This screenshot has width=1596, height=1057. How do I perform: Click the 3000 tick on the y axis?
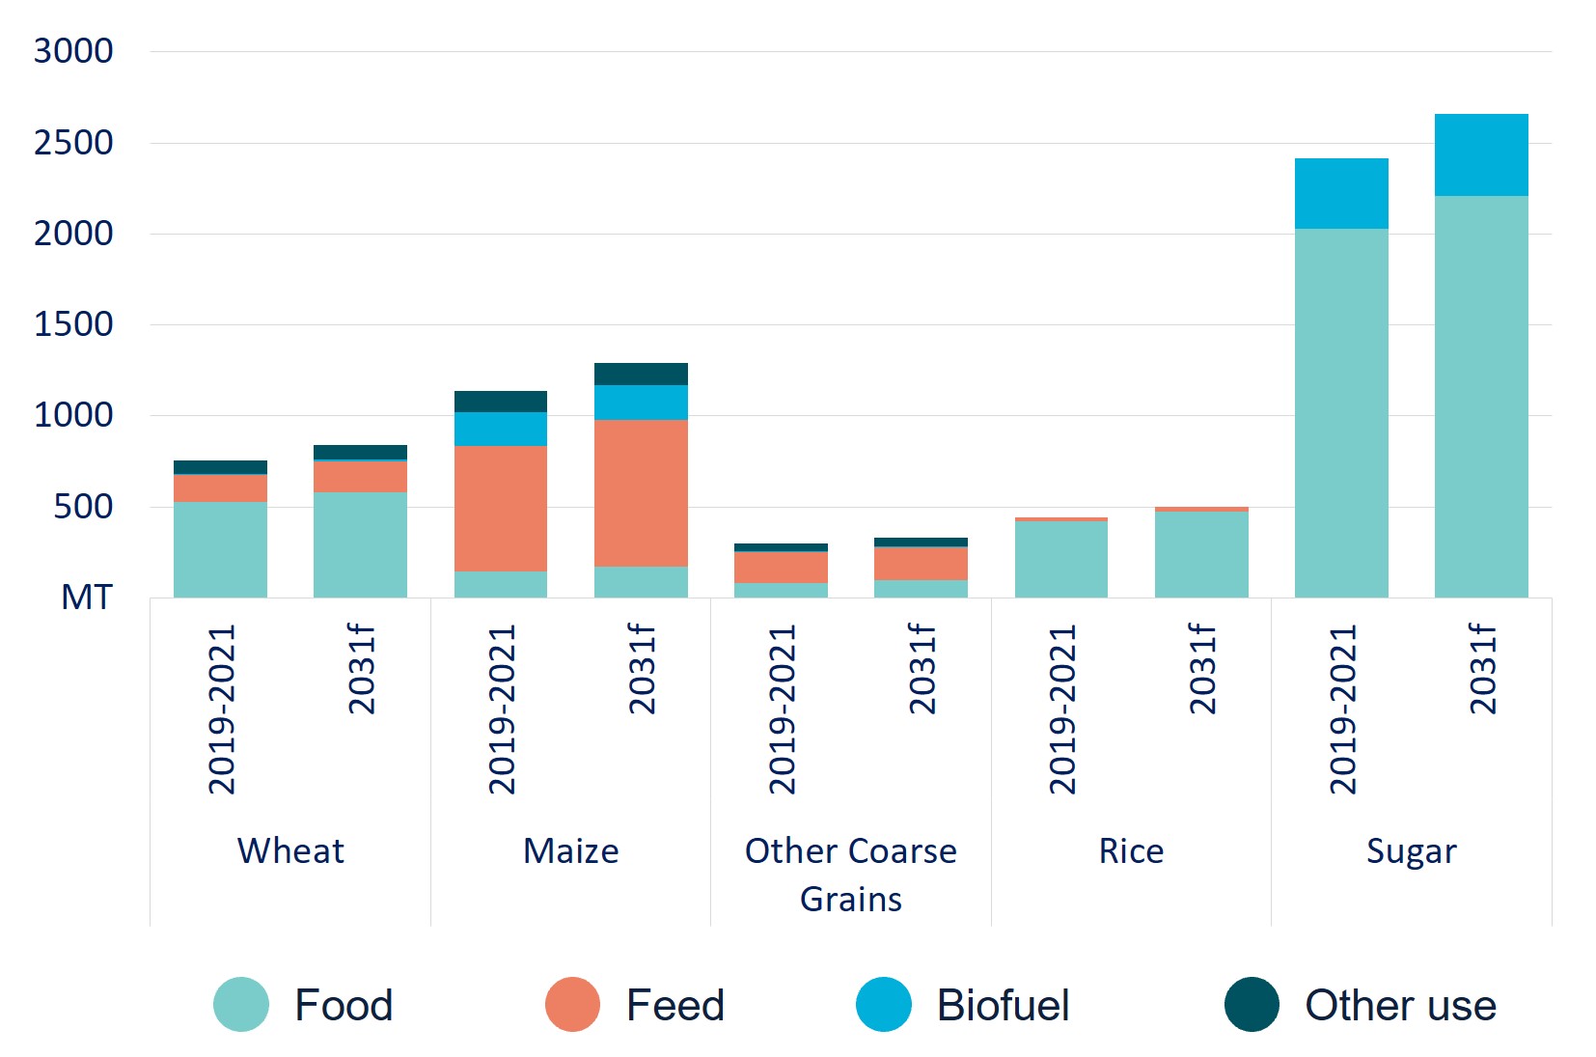tap(73, 51)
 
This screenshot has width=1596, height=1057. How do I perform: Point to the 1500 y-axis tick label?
tap(73, 324)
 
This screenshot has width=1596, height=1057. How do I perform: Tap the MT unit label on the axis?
tap(87, 598)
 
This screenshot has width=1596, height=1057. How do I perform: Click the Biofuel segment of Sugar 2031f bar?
tap(1480, 155)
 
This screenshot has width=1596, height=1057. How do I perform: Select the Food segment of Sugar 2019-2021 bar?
tap(1340, 412)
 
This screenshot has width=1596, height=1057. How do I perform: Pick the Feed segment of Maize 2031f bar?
tap(641, 492)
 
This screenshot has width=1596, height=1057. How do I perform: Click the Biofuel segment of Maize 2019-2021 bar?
tap(500, 429)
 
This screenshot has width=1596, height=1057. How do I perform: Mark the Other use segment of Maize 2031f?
tap(641, 374)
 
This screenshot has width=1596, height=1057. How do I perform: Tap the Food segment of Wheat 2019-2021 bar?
tap(220, 549)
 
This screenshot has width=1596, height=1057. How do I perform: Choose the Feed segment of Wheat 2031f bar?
tap(360, 477)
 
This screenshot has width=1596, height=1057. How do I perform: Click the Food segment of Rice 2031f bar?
tap(1200, 554)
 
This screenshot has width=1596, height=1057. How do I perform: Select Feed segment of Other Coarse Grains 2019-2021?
tap(781, 567)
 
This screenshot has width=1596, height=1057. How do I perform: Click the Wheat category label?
tap(290, 851)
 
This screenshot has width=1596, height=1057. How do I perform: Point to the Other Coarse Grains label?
tap(850, 874)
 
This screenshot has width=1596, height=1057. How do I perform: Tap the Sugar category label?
tap(1411, 851)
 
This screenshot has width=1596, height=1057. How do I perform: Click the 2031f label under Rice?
tap(1201, 669)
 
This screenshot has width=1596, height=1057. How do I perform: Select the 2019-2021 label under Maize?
tap(502, 709)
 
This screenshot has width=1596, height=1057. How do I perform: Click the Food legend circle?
tap(241, 1005)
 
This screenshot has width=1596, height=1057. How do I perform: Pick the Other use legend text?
tap(1400, 1006)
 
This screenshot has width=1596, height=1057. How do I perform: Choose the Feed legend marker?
tap(572, 1005)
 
